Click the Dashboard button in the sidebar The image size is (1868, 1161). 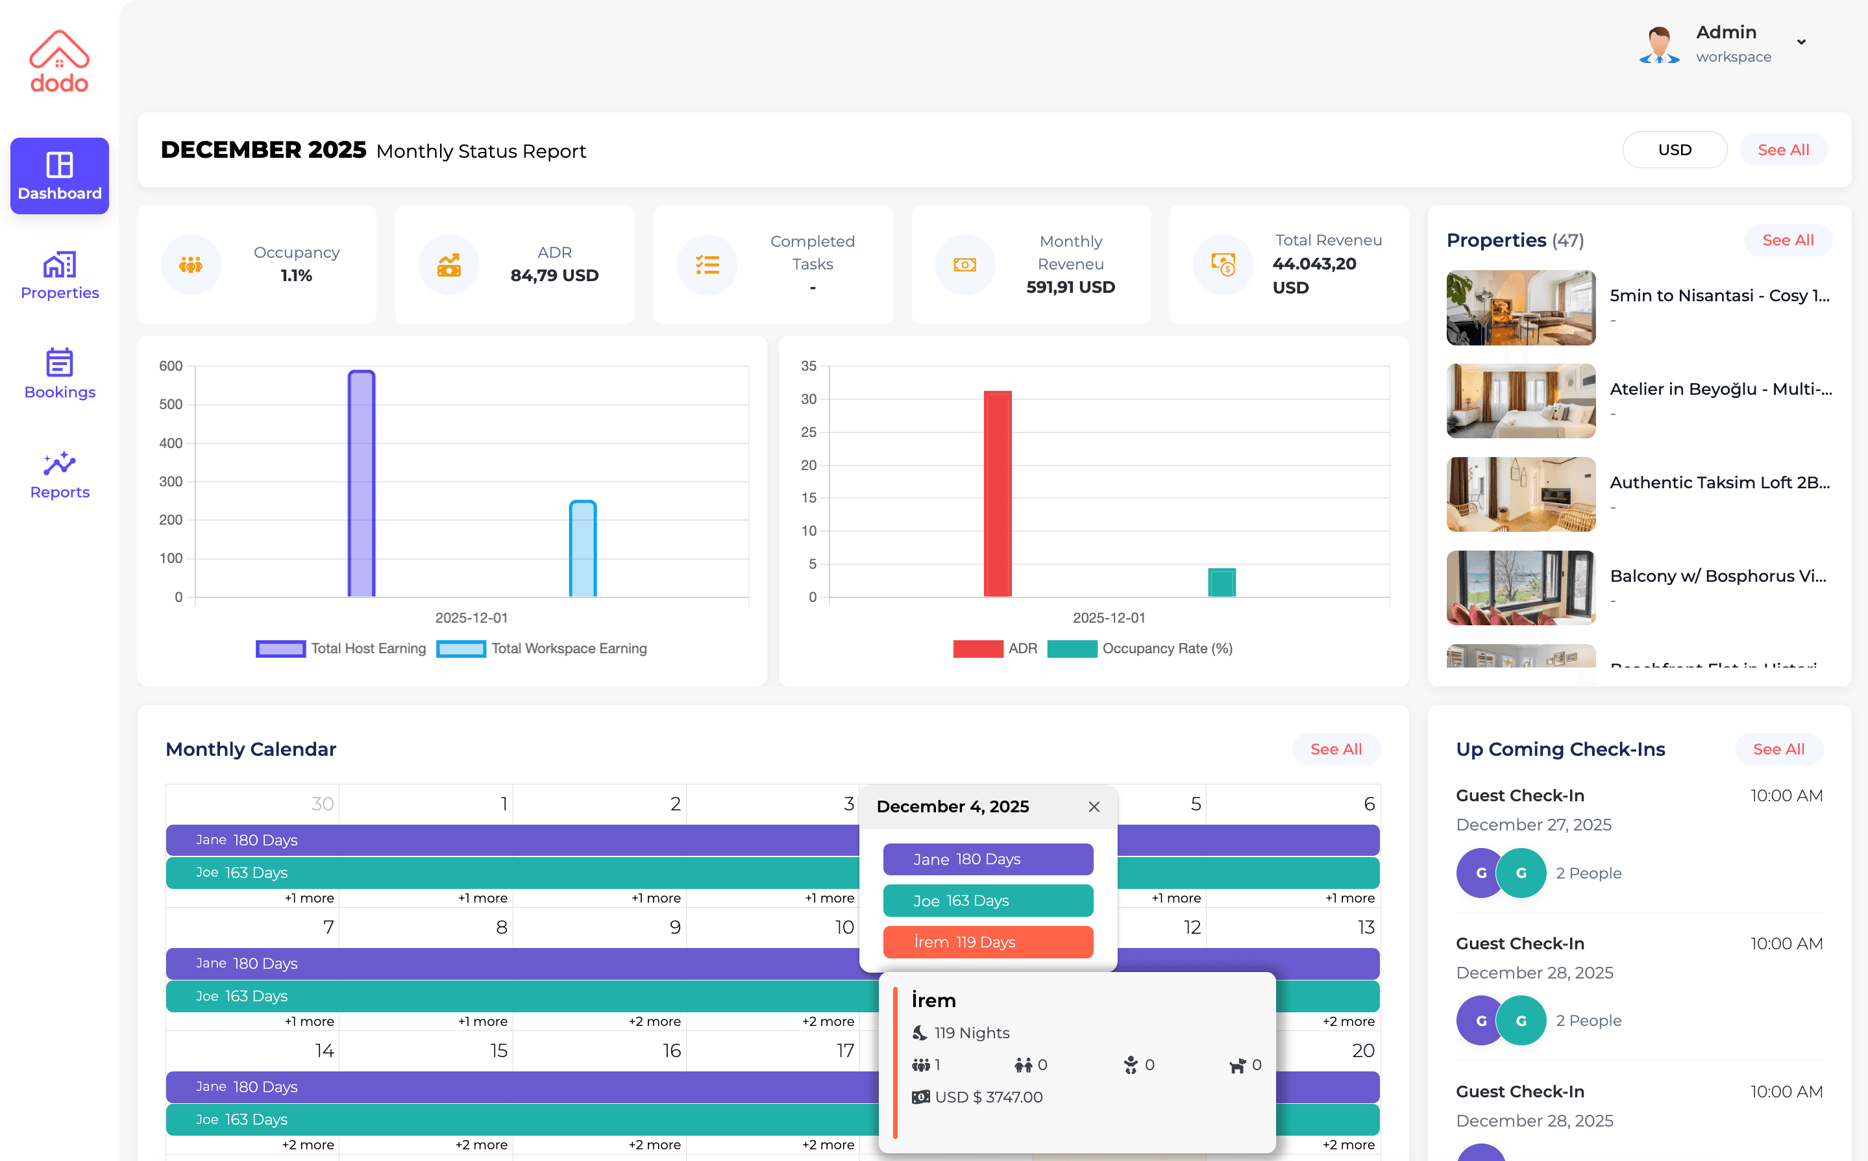59,176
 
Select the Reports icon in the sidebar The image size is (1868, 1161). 59,464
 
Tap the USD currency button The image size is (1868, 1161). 1674,150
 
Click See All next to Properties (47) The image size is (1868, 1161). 1787,240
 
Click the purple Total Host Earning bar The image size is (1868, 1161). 362,484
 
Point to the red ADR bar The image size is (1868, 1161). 997,493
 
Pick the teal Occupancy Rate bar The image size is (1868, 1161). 1221,582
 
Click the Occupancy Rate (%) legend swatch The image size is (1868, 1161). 1072,649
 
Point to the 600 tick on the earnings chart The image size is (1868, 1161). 170,366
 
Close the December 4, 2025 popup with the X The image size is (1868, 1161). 1094,806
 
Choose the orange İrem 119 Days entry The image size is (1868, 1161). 988,942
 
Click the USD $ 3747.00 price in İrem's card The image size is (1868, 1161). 988,1097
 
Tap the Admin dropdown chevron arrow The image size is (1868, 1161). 1800,42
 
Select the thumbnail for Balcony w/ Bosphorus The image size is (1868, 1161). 1520,588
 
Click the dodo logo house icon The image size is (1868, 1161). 59,50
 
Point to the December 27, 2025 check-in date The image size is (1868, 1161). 1532,825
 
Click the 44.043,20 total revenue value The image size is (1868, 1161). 1314,264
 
